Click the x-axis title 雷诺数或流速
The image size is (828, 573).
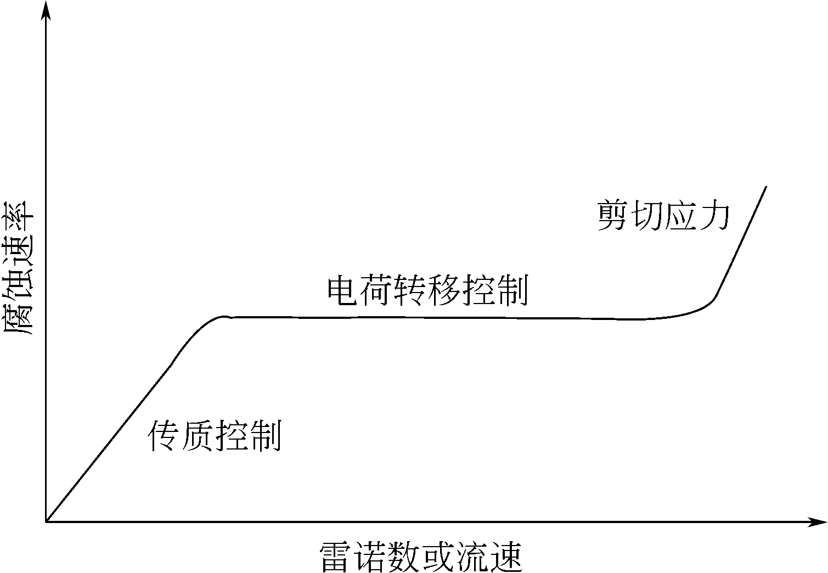tap(420, 557)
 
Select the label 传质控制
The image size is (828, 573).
tap(215, 436)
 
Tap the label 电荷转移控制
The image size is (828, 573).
tap(427, 291)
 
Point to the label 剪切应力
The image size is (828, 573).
tap(663, 215)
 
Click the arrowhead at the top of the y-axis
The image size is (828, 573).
tap(46, 11)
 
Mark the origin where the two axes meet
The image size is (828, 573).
tap(46, 521)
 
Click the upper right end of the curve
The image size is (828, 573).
tap(765, 187)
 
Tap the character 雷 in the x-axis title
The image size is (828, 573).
tap(336, 557)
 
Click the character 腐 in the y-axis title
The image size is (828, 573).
tap(20, 318)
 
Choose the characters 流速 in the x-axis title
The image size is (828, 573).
tap(488, 557)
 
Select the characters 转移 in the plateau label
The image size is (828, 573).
tap(427, 291)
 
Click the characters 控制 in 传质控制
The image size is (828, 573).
tap(249, 436)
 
